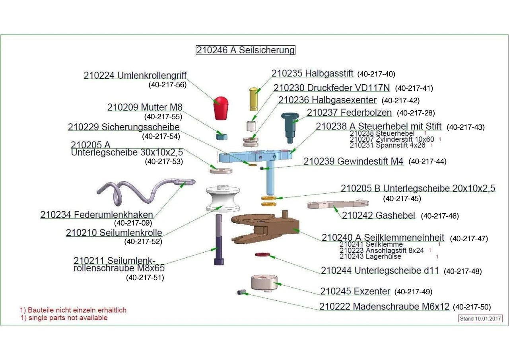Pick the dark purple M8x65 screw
pyautogui.click(x=219, y=239)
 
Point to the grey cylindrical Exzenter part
pyautogui.click(x=264, y=283)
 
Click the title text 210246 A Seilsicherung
pyautogui.click(x=245, y=50)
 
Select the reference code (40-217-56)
pyautogui.click(x=167, y=84)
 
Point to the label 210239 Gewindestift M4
pyautogui.click(x=354, y=162)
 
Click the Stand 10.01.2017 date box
pyautogui.click(x=480, y=319)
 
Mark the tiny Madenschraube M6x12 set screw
pyautogui.click(x=240, y=292)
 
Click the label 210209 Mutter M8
pyautogui.click(x=145, y=107)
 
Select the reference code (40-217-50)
pyautogui.click(x=472, y=307)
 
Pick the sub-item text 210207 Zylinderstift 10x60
pyautogui.click(x=392, y=140)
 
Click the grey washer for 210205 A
pyautogui.click(x=221, y=171)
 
